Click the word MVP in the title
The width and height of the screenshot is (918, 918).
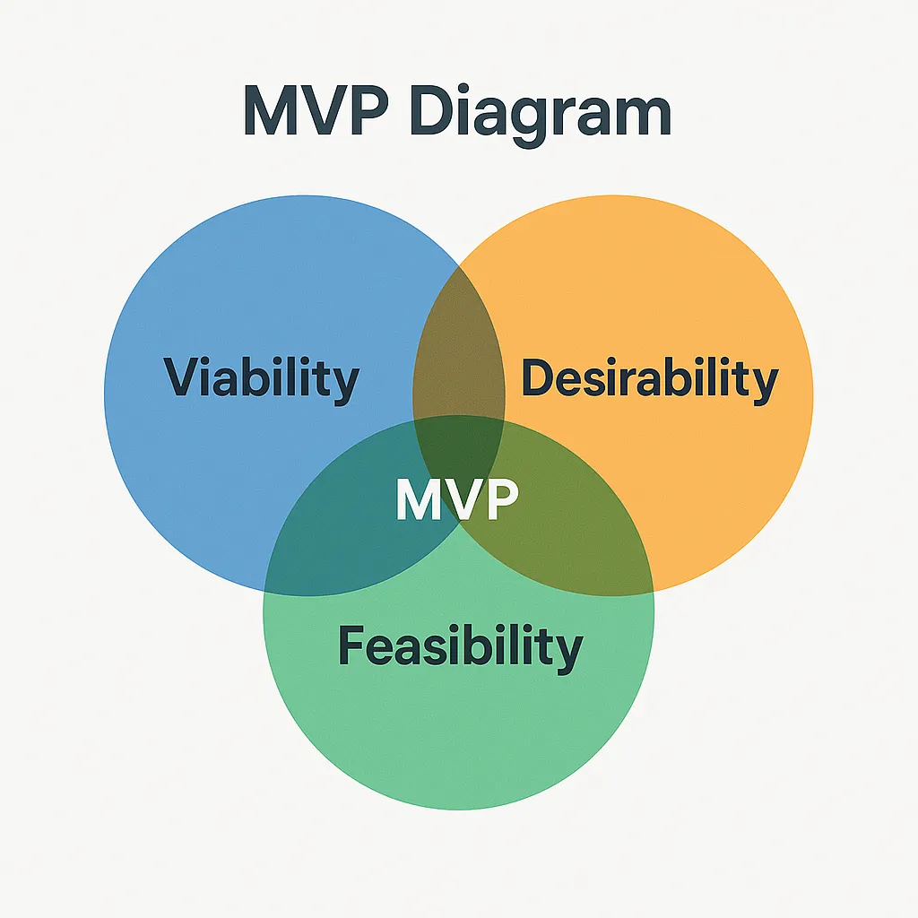click(316, 110)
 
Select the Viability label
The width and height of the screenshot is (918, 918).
click(261, 379)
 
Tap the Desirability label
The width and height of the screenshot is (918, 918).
click(650, 379)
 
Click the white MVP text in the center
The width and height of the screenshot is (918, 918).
click(457, 498)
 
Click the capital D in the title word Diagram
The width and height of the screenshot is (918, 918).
click(433, 110)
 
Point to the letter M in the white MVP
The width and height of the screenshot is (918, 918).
click(418, 498)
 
